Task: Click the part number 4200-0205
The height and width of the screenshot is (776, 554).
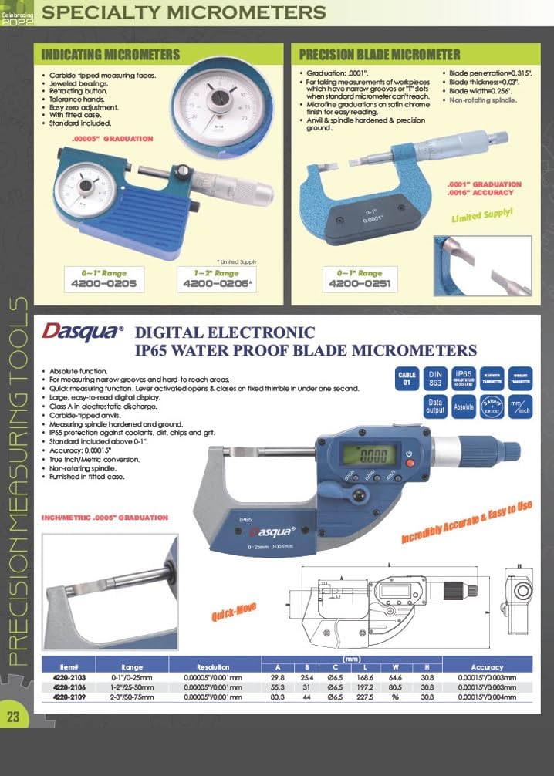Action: click(x=110, y=284)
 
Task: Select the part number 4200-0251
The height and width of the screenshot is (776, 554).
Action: click(x=359, y=284)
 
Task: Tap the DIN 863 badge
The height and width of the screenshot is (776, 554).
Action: click(x=434, y=380)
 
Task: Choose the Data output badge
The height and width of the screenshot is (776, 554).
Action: click(x=434, y=407)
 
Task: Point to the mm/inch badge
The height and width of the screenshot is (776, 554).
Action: click(x=519, y=407)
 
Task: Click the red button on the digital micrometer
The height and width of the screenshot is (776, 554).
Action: click(x=409, y=464)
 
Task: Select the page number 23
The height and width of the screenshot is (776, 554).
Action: click(x=13, y=716)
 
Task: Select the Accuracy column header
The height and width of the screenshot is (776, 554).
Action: click(x=486, y=666)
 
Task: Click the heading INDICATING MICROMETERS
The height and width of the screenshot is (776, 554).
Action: click(x=110, y=55)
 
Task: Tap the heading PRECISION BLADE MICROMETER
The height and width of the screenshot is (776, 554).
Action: click(x=379, y=55)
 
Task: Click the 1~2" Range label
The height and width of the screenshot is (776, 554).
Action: click(x=215, y=273)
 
